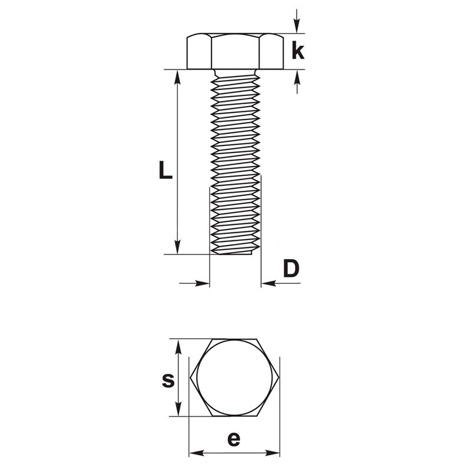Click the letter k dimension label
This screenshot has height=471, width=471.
point(298,51)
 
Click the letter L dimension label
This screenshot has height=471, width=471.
point(165,170)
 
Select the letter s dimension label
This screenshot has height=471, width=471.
point(168,381)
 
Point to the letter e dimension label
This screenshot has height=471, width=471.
point(234,439)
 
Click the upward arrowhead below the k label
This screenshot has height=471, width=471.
point(297,77)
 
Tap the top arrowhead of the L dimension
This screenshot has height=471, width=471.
point(178,77)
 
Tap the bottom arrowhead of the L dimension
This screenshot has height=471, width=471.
point(178,247)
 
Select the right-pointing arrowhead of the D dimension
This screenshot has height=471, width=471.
point(202,283)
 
